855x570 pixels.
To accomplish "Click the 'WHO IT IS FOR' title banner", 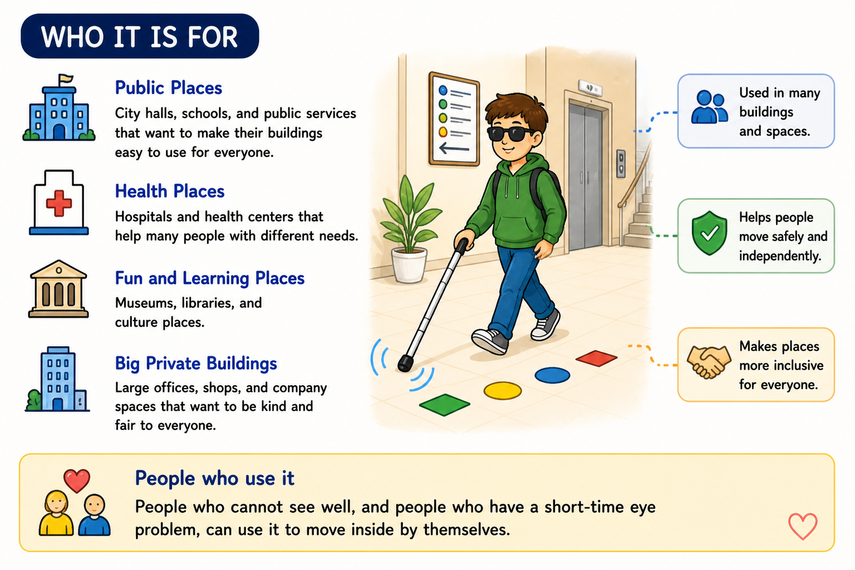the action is pyautogui.click(x=140, y=36).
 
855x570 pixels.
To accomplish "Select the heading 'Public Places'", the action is pyautogui.click(x=168, y=88).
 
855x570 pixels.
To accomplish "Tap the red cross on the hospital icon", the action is pyautogui.click(x=59, y=203).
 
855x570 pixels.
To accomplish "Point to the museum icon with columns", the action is pyautogui.click(x=58, y=289).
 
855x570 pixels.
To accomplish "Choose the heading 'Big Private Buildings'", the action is pyautogui.click(x=196, y=363).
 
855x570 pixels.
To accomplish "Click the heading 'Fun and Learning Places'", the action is pyautogui.click(x=209, y=278).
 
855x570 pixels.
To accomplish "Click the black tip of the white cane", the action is pyautogui.click(x=405, y=363).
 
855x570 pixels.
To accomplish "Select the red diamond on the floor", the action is pyautogui.click(x=596, y=358).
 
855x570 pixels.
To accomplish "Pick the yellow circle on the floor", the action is pyautogui.click(x=502, y=391).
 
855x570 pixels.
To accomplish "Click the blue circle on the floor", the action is pyautogui.click(x=552, y=375).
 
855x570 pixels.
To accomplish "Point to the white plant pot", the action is pyautogui.click(x=409, y=265).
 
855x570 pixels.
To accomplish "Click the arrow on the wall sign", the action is pyautogui.click(x=454, y=148).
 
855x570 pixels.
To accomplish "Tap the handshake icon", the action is pyautogui.click(x=709, y=362).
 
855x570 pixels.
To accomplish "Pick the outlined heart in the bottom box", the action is pyautogui.click(x=803, y=527).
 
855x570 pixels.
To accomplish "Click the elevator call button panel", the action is pyautogui.click(x=621, y=164).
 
